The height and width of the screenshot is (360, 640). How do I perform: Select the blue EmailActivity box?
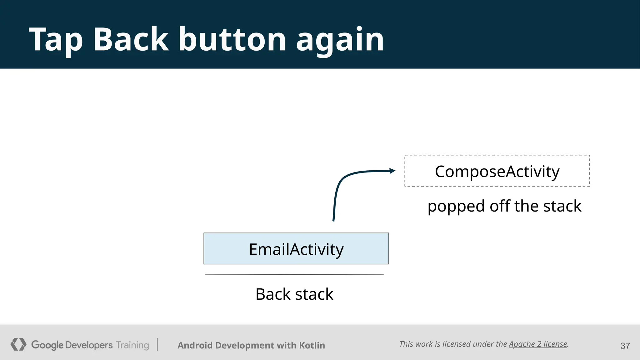(x=296, y=248)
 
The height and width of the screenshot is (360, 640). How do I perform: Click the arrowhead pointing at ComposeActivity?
(x=392, y=171)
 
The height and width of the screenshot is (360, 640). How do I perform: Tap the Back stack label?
(x=294, y=294)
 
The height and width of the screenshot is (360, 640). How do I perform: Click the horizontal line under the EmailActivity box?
(x=294, y=274)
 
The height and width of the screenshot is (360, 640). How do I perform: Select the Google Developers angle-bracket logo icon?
(x=18, y=344)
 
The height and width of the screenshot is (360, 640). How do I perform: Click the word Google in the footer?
(x=47, y=345)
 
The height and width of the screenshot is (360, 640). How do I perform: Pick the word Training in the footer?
(x=132, y=345)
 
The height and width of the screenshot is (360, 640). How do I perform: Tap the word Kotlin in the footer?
(x=312, y=345)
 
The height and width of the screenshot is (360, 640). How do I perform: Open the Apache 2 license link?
(x=538, y=344)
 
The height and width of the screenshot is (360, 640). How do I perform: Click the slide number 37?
(x=625, y=346)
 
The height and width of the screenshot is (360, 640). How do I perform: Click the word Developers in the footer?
(x=89, y=345)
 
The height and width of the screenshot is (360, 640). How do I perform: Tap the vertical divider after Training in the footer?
(x=157, y=345)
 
